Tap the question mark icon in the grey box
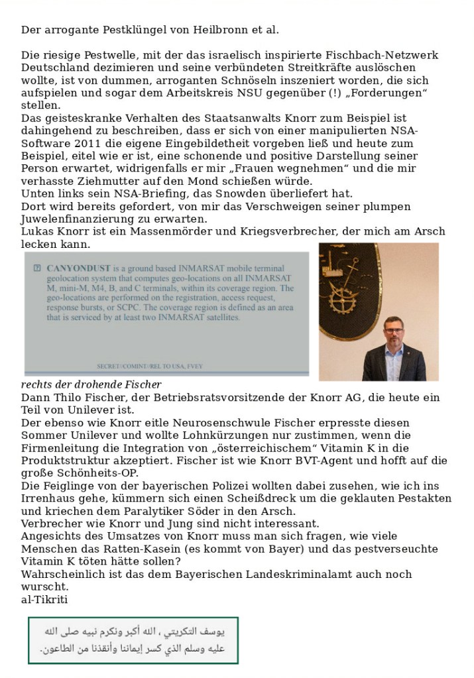(x=37, y=268)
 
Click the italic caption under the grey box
(x=91, y=384)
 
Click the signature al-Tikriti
(x=44, y=599)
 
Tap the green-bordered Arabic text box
(x=133, y=640)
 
